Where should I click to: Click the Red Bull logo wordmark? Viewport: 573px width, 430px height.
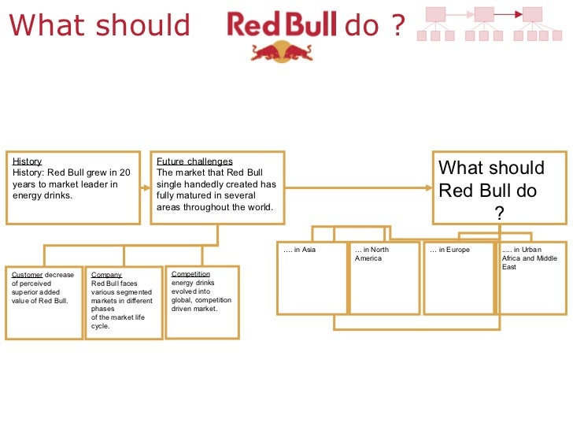[282, 25]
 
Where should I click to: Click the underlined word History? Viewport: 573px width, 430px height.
[27, 161]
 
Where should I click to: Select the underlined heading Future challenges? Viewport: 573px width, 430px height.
[194, 161]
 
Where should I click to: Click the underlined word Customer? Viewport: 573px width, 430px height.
[28, 275]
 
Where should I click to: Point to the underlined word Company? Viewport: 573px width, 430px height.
[106, 275]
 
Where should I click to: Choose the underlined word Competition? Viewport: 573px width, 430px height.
[190, 274]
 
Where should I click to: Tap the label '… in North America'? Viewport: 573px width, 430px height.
[372, 254]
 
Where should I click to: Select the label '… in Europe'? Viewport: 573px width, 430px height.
[449, 250]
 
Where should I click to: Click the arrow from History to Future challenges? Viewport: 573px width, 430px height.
[145, 187]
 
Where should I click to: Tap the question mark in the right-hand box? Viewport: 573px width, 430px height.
[499, 213]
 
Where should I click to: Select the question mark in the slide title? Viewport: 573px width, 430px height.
[398, 27]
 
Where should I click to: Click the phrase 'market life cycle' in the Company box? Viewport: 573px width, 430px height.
[117, 321]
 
